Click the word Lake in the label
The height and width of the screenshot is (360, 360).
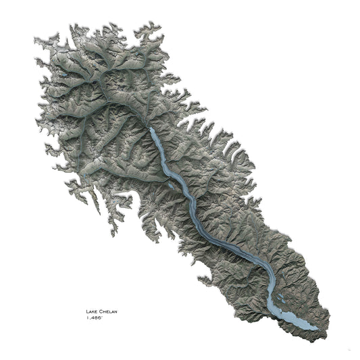coord(91,311)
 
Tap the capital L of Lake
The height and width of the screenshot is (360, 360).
coord(86,311)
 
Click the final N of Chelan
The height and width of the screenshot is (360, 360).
coord(115,311)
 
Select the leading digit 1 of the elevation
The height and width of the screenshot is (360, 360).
coord(86,317)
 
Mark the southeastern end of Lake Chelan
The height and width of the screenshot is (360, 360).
coord(315,326)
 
